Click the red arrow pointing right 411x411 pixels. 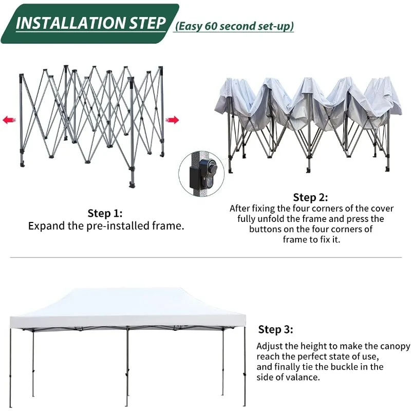[x=173, y=120]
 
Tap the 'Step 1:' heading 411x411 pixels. [x=105, y=213]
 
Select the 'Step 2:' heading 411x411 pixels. [x=310, y=197]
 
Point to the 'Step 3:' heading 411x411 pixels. [x=275, y=329]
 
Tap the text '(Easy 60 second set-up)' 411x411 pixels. [x=235, y=26]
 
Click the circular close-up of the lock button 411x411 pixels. [x=202, y=173]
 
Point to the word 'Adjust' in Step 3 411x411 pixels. [x=271, y=346]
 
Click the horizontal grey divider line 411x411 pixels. [x=206, y=257]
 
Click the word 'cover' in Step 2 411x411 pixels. [x=381, y=209]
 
